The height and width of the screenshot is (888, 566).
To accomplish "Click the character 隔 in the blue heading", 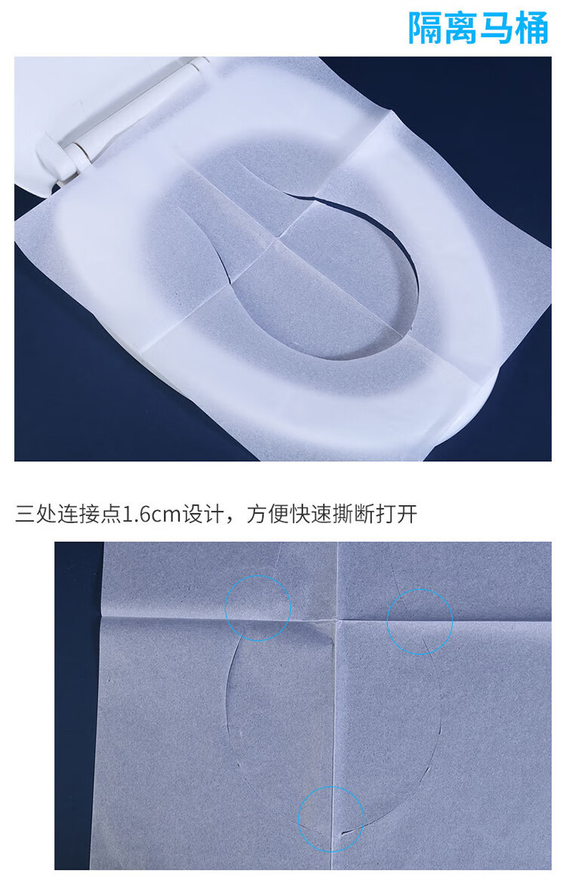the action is point(426,28).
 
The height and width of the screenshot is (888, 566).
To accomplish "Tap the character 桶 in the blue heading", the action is point(532,28).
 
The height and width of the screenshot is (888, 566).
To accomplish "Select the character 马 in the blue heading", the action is point(497,28).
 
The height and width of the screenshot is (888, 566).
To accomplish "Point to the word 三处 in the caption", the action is point(35,514).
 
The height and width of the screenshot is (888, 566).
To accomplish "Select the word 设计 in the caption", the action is point(202,514).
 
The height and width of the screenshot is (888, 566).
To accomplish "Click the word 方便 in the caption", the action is point(267,514).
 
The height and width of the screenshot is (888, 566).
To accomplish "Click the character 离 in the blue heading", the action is point(460,28).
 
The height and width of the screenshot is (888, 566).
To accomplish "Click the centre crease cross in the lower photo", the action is point(337,620).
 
